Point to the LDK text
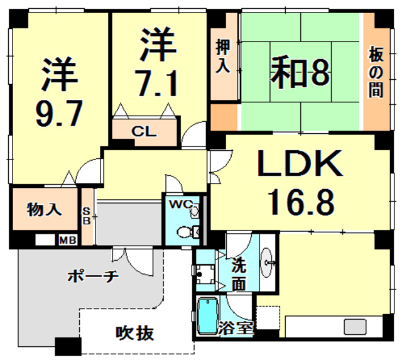301,166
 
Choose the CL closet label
144,132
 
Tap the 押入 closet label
223,56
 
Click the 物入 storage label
43,209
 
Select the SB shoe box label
87,215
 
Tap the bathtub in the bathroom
206,317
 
